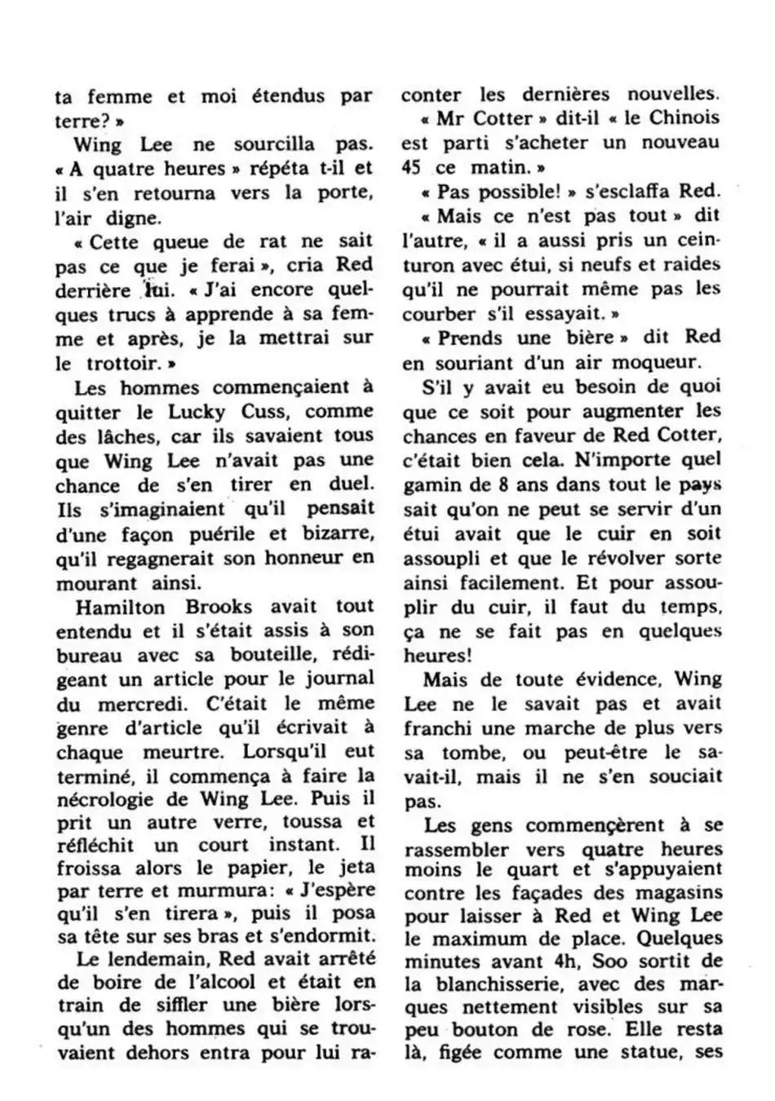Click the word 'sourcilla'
274,145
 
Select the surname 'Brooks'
218,607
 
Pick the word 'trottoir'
115,363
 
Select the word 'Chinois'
684,117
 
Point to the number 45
413,167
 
